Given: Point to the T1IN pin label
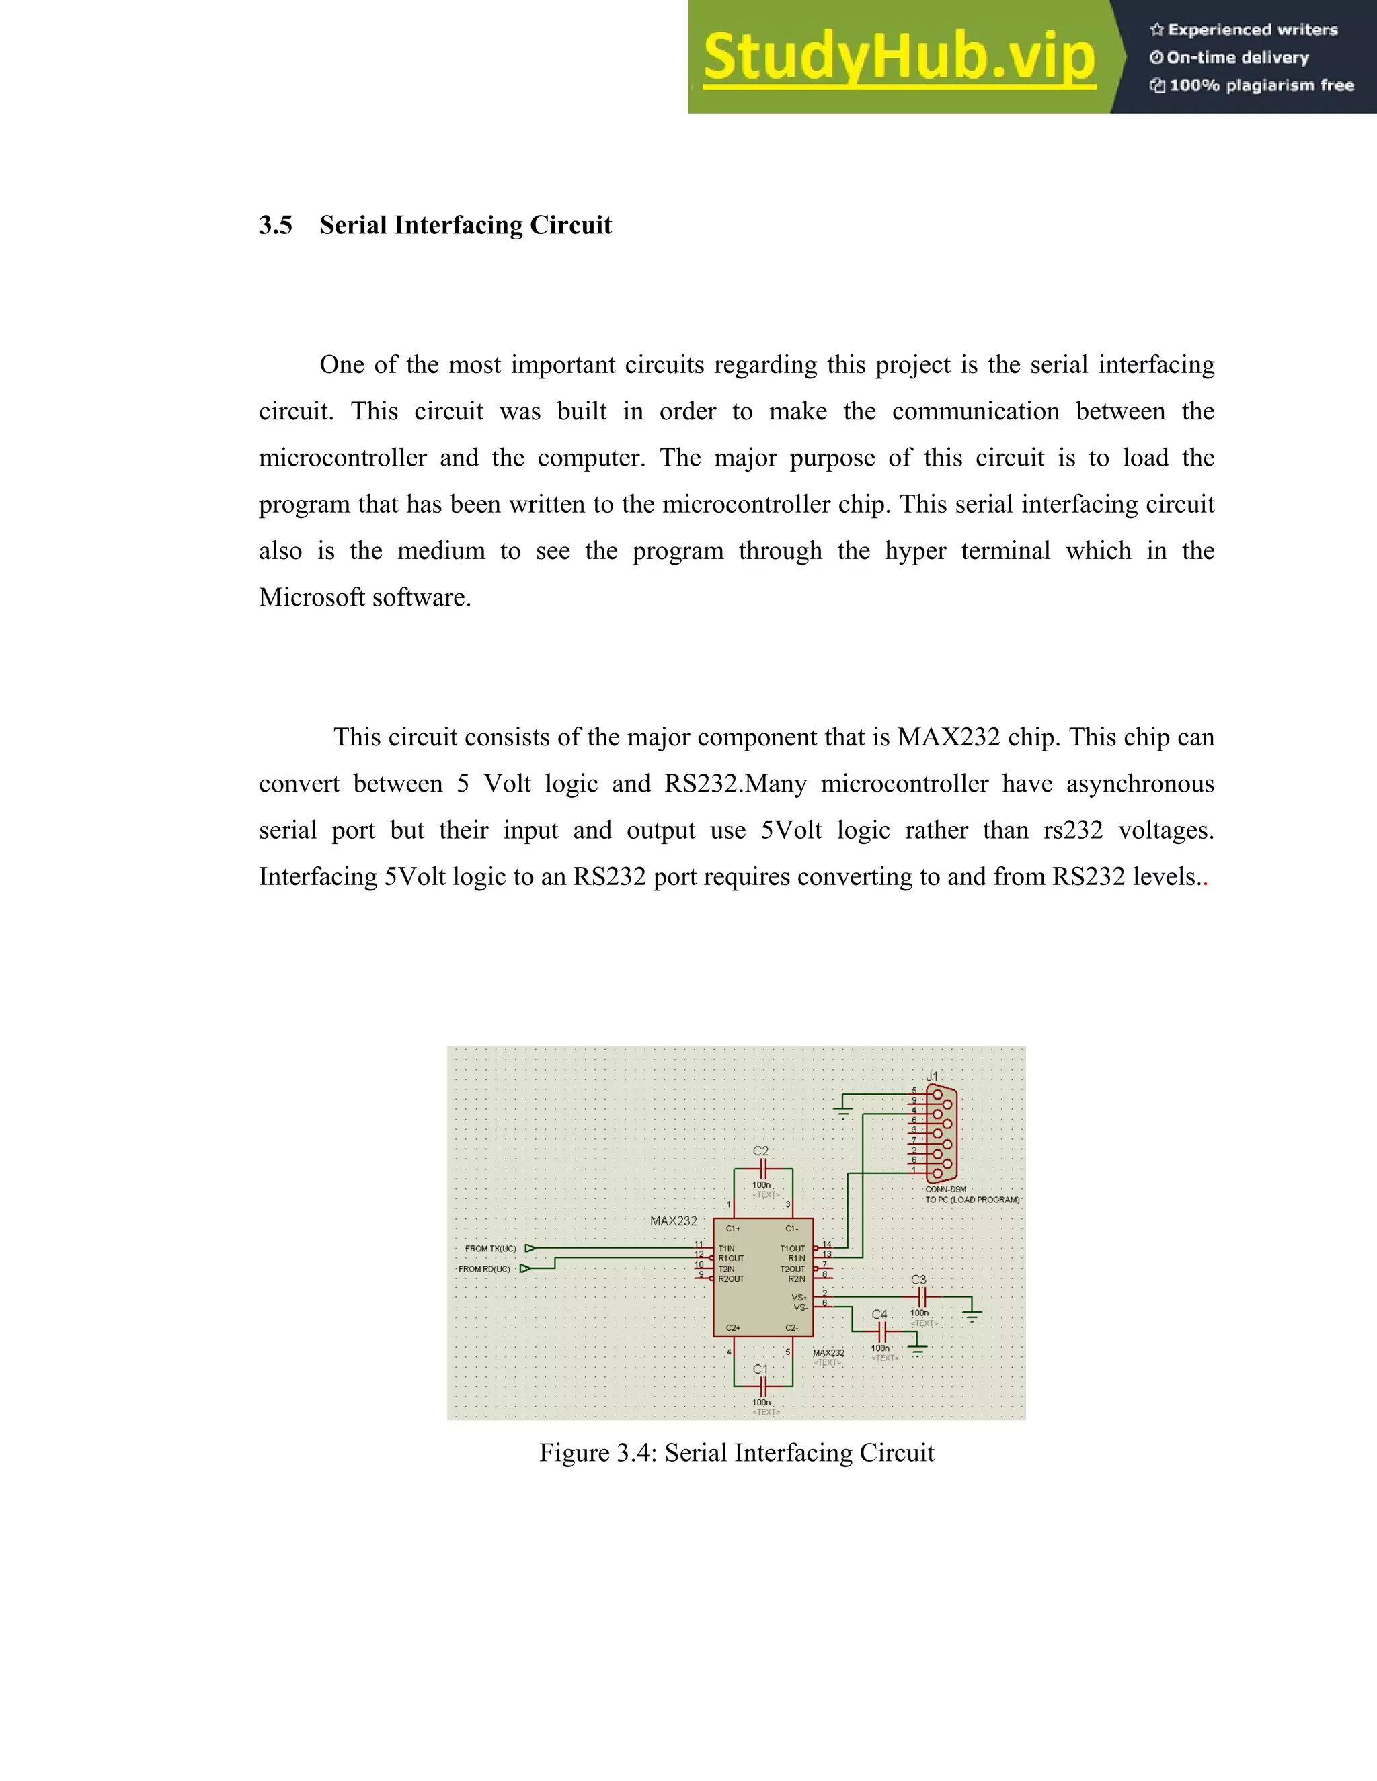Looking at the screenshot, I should click(x=726, y=1249).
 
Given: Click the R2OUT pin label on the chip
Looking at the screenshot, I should click(x=731, y=1279).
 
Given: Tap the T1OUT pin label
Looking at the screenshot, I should click(x=792, y=1249).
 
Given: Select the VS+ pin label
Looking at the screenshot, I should click(x=799, y=1297).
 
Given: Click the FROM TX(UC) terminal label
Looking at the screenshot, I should click(x=490, y=1249).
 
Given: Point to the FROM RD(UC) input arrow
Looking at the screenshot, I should click(x=525, y=1269).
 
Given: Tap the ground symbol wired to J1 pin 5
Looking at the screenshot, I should click(x=844, y=1111).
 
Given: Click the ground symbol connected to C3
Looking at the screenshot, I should click(x=972, y=1313).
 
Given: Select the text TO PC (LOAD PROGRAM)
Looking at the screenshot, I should click(x=972, y=1200).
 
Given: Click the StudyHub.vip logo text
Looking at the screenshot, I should click(x=899, y=57).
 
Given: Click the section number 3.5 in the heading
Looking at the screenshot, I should click(x=276, y=225).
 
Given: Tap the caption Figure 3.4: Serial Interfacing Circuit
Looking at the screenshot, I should click(x=737, y=1452).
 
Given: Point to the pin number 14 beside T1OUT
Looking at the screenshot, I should click(x=826, y=1245).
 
